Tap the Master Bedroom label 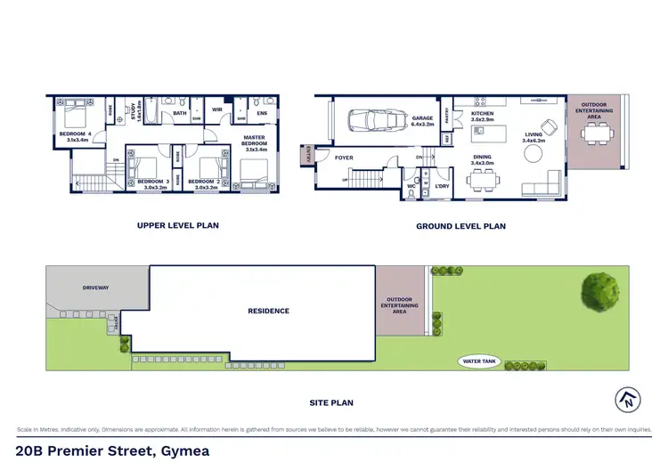click(255, 141)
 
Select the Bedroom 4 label click(74, 136)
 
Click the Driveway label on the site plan click(95, 288)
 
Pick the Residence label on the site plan click(268, 311)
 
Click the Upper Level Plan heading click(178, 225)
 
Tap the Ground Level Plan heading click(460, 226)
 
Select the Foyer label click(344, 158)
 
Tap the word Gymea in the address click(184, 450)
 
